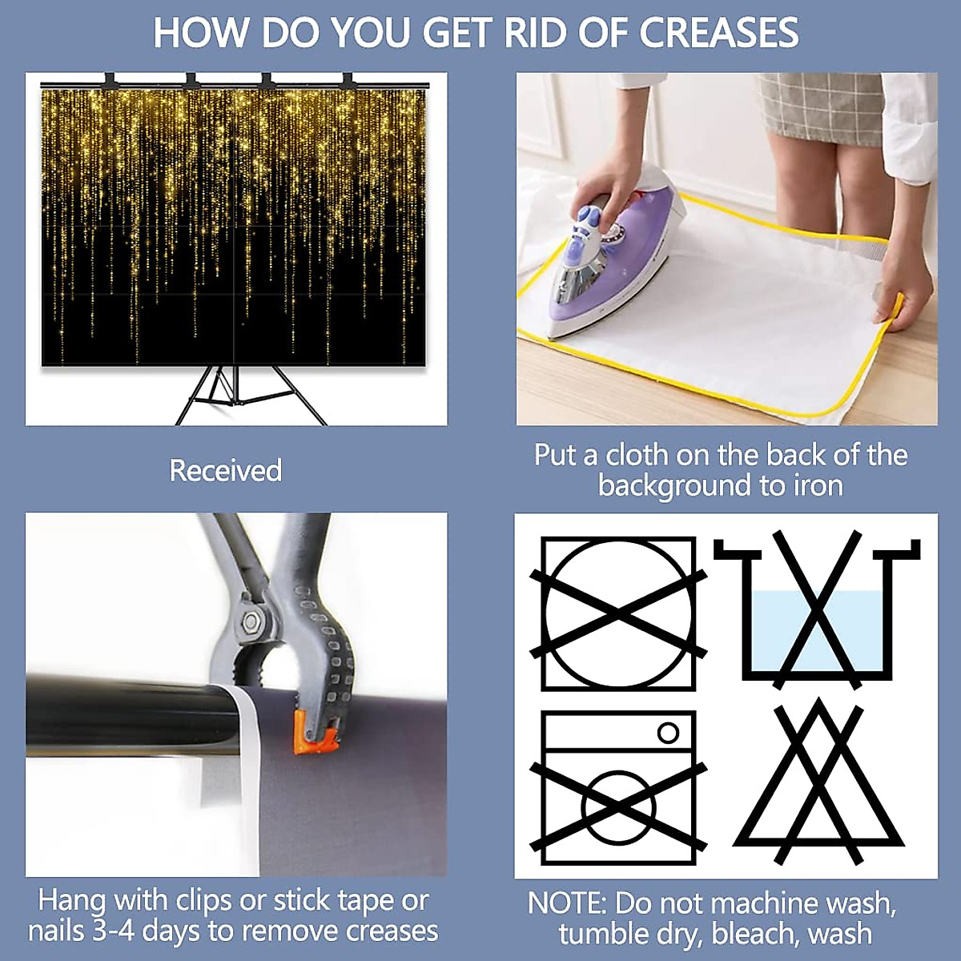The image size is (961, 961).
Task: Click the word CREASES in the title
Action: pyautogui.click(x=718, y=33)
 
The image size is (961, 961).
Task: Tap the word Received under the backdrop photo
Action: pyautogui.click(x=225, y=470)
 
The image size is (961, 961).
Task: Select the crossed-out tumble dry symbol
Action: pyautogui.click(x=618, y=614)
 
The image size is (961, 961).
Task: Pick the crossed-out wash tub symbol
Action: pyautogui.click(x=818, y=611)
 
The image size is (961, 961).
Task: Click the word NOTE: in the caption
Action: pyautogui.click(x=566, y=903)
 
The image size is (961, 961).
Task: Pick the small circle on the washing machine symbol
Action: pyautogui.click(x=668, y=733)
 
